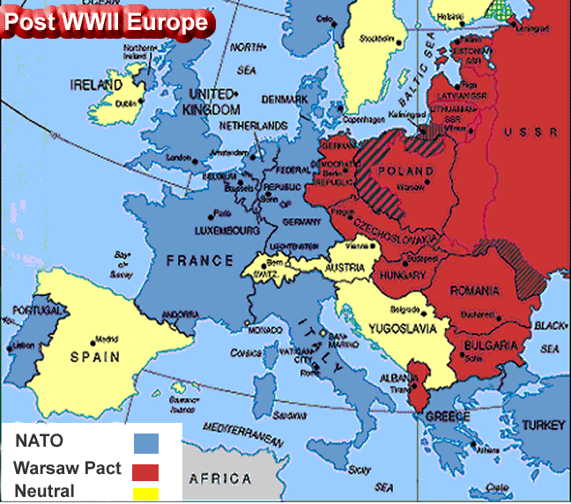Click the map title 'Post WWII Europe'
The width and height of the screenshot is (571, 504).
click(106, 22)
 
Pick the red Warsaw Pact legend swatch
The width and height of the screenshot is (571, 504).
click(145, 469)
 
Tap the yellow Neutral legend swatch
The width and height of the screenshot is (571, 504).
click(145, 493)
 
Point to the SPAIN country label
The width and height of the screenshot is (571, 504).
click(95, 358)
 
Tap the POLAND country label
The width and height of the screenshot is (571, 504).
click(405, 171)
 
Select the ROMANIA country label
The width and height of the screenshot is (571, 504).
click(475, 292)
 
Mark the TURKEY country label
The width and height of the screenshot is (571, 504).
click(544, 426)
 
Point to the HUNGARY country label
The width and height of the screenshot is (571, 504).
click(402, 276)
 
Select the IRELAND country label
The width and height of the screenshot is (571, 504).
click(96, 85)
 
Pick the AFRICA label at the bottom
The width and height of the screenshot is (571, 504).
click(220, 479)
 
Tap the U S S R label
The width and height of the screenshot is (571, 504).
click(531, 132)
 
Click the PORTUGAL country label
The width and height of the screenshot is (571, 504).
click(39, 311)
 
